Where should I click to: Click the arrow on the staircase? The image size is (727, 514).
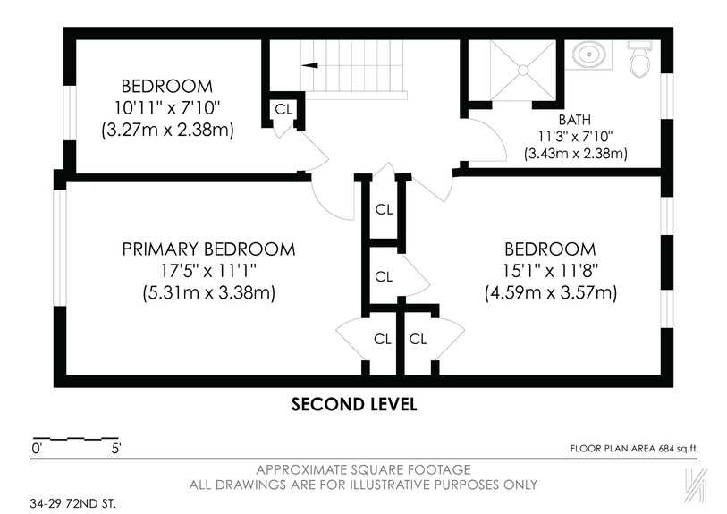(x=310, y=64)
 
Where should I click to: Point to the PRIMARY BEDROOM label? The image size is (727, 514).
(x=208, y=249)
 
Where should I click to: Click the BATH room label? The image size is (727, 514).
(x=574, y=119)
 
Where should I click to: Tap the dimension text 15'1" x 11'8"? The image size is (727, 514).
(x=550, y=271)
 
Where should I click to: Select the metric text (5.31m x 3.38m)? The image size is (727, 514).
(x=208, y=292)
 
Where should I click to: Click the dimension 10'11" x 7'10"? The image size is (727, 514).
(x=167, y=108)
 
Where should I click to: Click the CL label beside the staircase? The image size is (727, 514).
(x=283, y=109)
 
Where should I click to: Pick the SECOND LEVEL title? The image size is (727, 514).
(x=354, y=404)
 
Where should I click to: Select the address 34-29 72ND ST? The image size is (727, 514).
(x=72, y=502)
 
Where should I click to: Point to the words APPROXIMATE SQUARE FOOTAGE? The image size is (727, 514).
(x=363, y=469)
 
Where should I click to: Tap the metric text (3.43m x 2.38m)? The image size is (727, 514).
(x=575, y=153)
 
